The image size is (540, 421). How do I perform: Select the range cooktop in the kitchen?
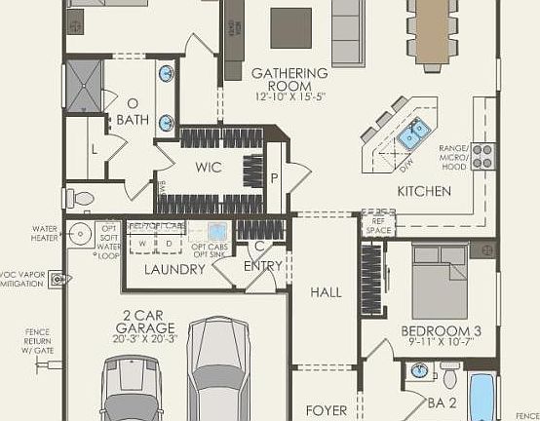(x=482, y=153)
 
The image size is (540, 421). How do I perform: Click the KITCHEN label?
(x=423, y=191)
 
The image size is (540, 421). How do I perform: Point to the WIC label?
(x=209, y=168)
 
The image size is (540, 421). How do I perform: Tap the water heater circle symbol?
(x=81, y=234)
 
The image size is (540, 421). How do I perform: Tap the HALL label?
(x=326, y=291)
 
